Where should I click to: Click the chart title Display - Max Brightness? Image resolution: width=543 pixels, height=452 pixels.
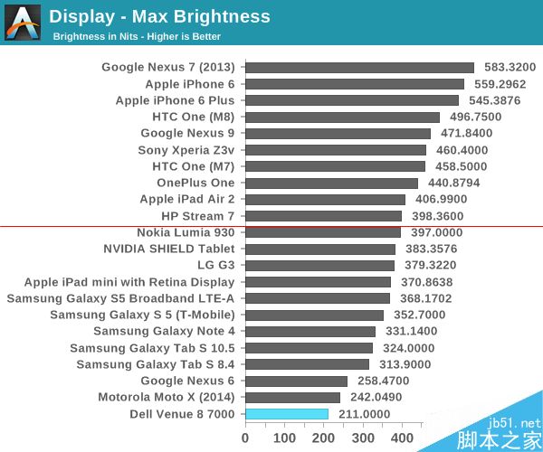pyautogui.click(x=159, y=16)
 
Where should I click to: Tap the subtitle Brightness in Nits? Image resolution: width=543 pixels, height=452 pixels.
pyautogui.click(x=136, y=37)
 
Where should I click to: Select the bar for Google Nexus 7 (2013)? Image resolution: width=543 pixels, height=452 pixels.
pyautogui.click(x=359, y=67)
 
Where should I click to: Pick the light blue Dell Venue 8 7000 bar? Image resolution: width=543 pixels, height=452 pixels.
pyautogui.click(x=287, y=414)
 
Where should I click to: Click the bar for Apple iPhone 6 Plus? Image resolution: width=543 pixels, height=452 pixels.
pyautogui.click(x=352, y=100)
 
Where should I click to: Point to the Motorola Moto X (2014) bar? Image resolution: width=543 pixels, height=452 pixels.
pyautogui.click(x=292, y=398)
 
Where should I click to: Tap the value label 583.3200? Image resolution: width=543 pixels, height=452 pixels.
pyautogui.click(x=509, y=67)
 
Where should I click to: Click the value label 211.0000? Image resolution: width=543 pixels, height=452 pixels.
pyautogui.click(x=363, y=414)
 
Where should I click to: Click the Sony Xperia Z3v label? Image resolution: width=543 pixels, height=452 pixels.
pyautogui.click(x=186, y=150)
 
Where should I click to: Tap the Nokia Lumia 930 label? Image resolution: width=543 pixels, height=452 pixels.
pyautogui.click(x=186, y=232)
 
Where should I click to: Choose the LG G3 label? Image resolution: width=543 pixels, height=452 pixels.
pyautogui.click(x=215, y=266)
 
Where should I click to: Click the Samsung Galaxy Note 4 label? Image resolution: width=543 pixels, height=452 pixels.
pyautogui.click(x=164, y=332)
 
